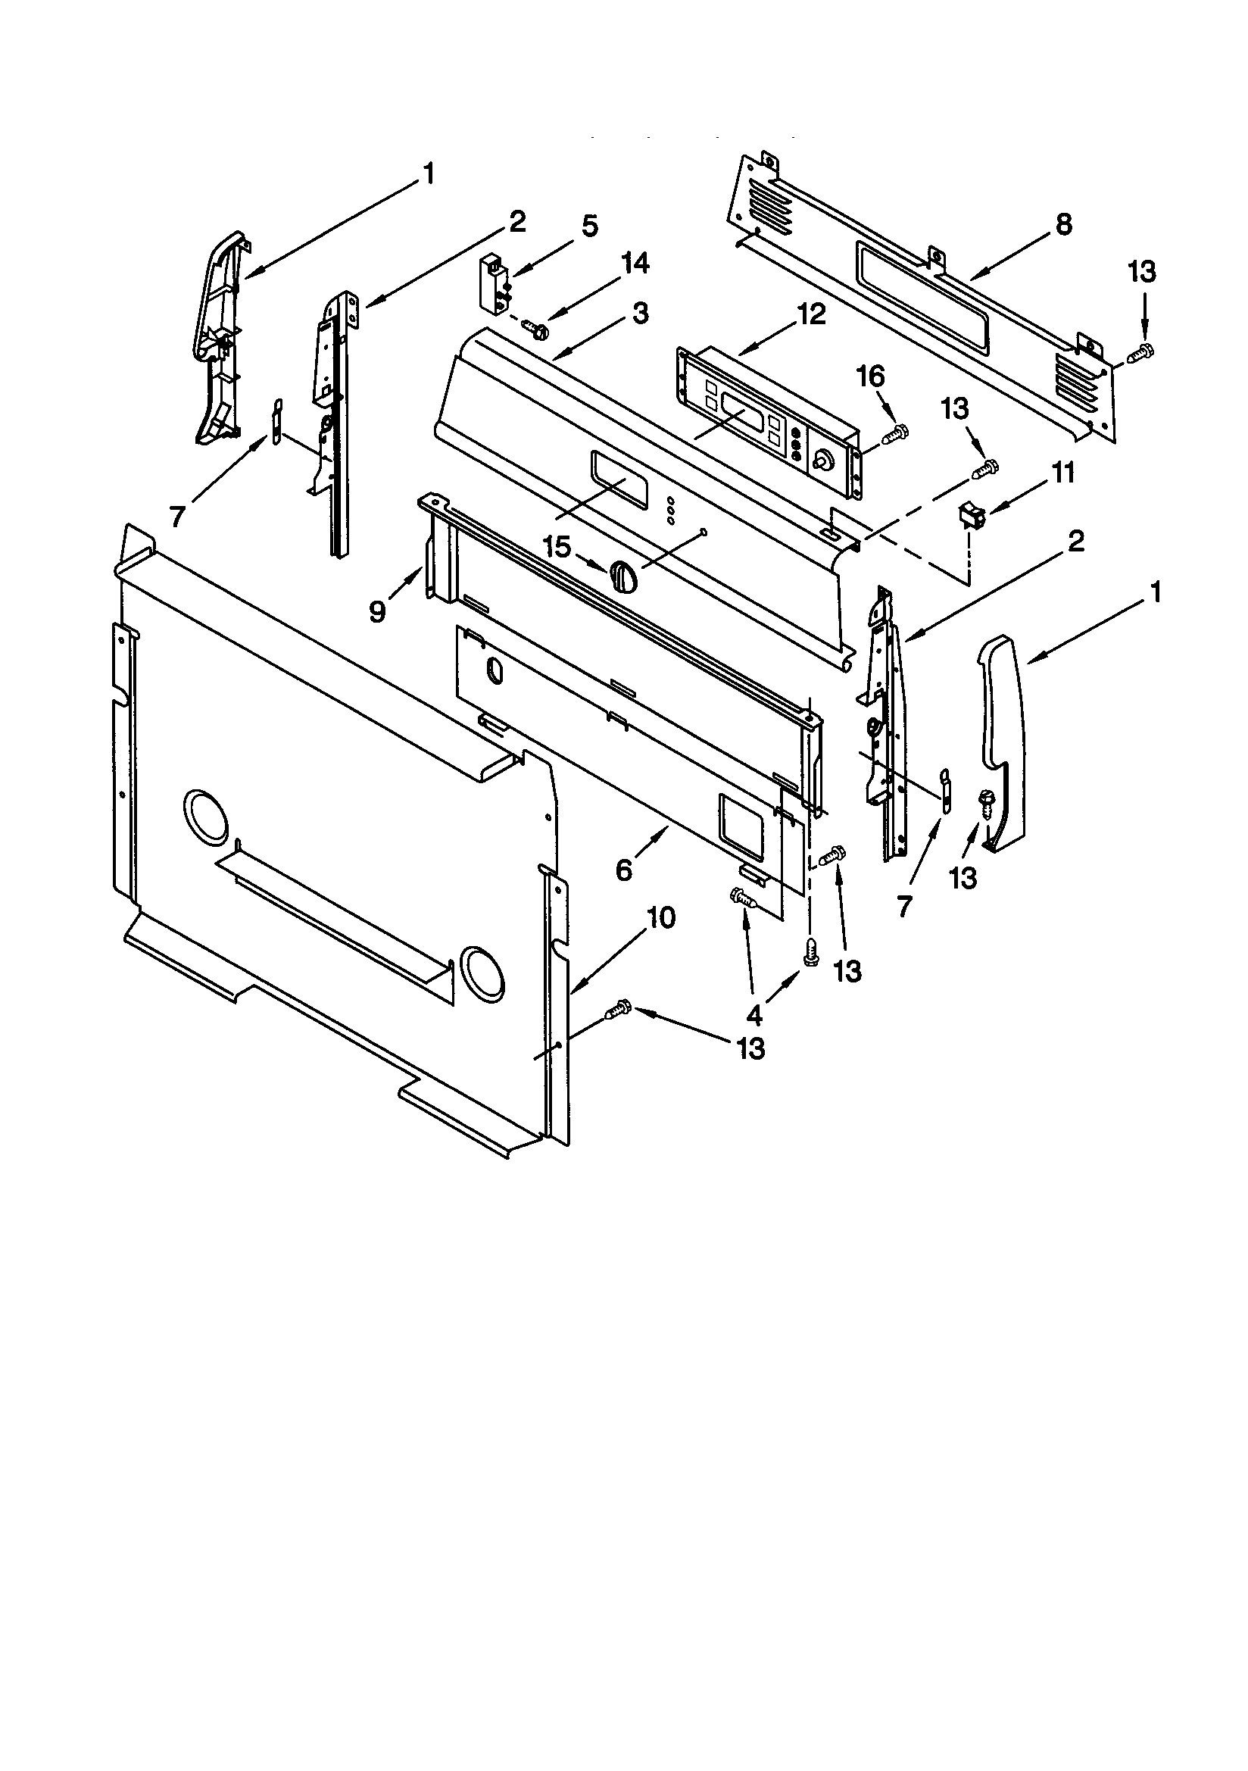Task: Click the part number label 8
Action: [1064, 224]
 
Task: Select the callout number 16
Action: [870, 377]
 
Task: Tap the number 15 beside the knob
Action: [557, 548]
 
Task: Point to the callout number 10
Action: [661, 918]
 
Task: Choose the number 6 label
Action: [624, 870]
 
